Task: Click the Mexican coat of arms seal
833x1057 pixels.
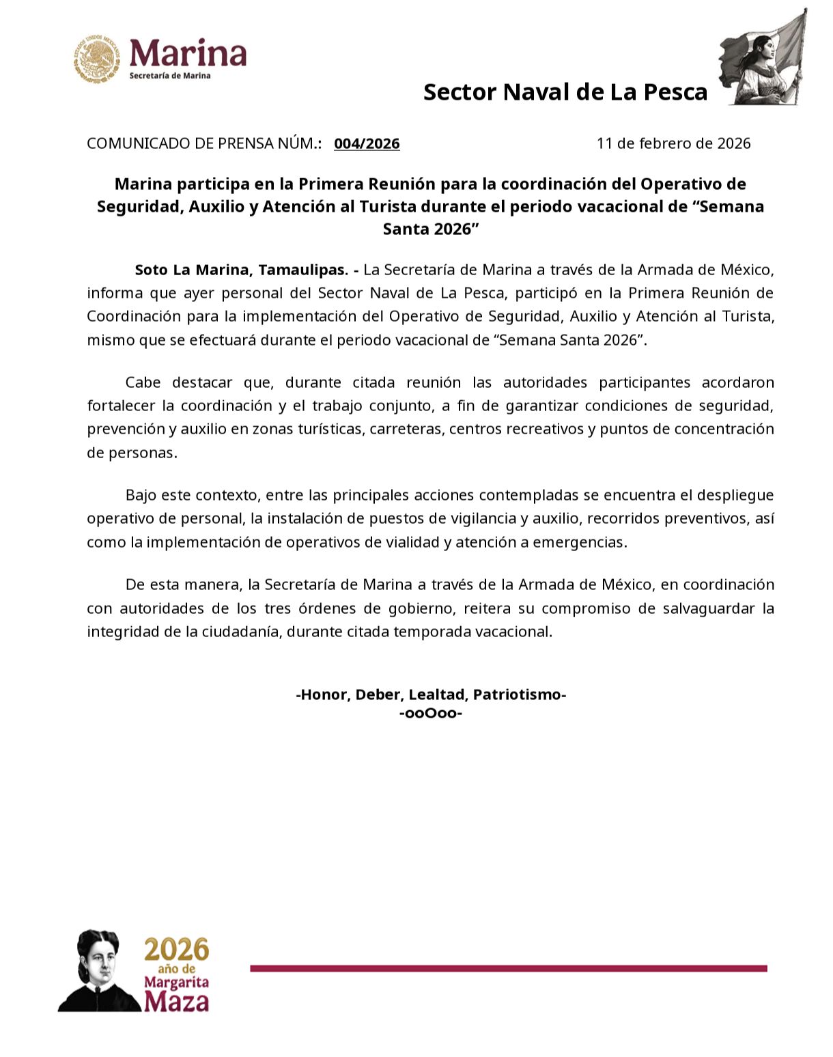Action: coord(96,60)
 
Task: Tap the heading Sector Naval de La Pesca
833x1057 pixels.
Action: coord(565,91)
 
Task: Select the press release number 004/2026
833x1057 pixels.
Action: coord(367,143)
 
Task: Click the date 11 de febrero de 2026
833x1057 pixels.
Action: coord(673,143)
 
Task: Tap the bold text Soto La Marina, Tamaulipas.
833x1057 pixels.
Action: coord(242,270)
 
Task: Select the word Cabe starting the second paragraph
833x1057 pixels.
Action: coord(145,382)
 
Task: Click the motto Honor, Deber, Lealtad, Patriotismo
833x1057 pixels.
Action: coord(431,694)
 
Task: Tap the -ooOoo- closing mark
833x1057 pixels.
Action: coord(431,714)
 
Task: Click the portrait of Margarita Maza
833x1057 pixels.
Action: coord(99,970)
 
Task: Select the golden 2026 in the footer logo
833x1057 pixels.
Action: coord(176,950)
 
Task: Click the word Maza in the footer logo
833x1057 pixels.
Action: coord(176,1002)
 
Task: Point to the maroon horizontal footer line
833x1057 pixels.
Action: coord(508,968)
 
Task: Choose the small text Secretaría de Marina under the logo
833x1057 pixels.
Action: coord(170,76)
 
